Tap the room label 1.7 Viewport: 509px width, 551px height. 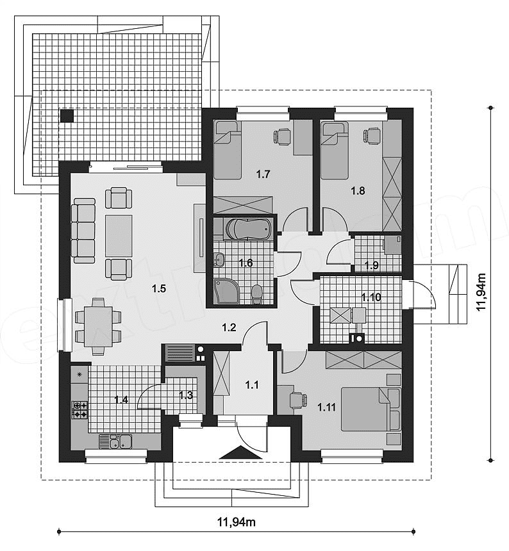[x=263, y=173]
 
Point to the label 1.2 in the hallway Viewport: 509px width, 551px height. [x=229, y=327]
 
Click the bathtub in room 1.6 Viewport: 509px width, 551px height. [x=242, y=229]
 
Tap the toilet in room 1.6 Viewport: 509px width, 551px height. [x=257, y=295]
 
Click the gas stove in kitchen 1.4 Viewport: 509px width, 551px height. [x=81, y=409]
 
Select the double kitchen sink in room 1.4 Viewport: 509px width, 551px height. [x=115, y=441]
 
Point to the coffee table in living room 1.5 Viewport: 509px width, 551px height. [x=119, y=233]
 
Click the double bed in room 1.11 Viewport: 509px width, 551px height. [x=365, y=408]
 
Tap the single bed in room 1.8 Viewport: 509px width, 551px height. [x=335, y=152]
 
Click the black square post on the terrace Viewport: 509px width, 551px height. [x=67, y=116]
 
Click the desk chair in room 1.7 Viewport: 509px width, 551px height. [x=283, y=136]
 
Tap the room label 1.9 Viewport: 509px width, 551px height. [x=371, y=265]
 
